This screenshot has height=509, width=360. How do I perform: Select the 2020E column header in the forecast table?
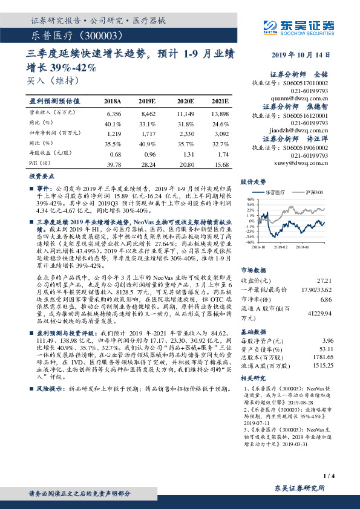[186, 100]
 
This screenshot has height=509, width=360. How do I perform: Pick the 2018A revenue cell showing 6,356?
[114, 113]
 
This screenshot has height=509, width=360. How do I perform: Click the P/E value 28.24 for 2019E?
[148, 164]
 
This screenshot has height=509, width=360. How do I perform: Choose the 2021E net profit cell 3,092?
[220, 133]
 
